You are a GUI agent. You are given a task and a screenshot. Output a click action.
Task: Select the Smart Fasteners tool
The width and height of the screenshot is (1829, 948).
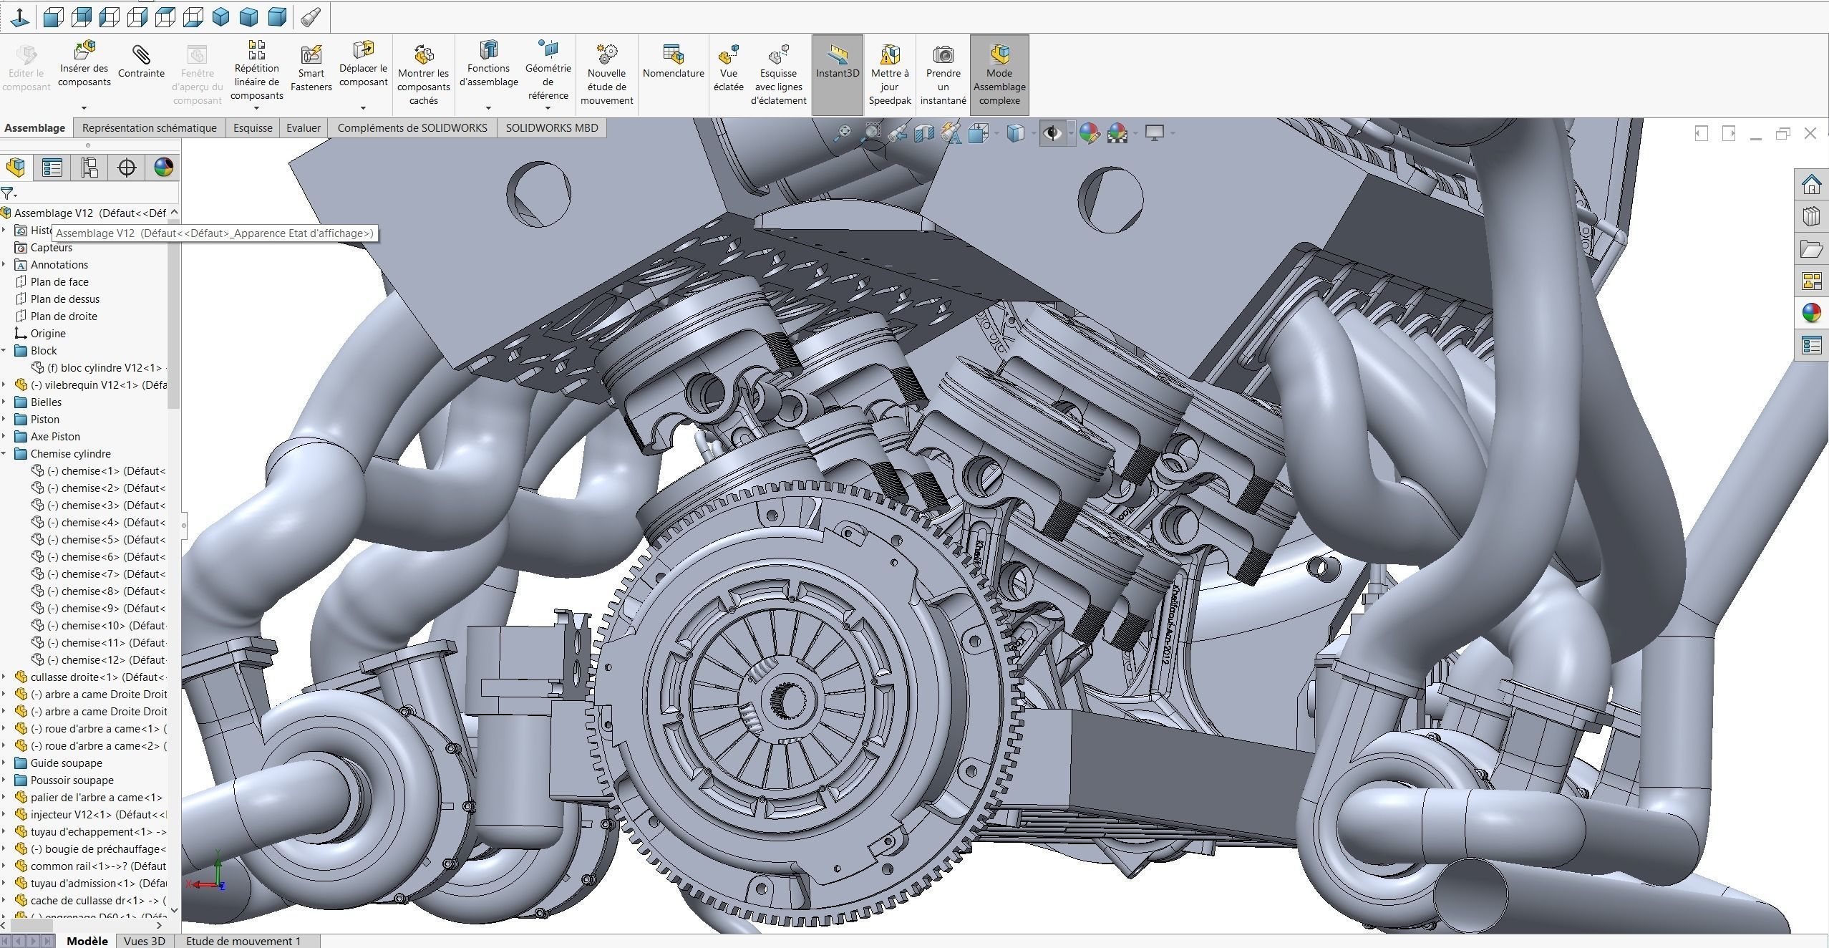click(311, 69)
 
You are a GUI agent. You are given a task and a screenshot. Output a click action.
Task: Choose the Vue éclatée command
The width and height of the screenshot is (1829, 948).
click(728, 69)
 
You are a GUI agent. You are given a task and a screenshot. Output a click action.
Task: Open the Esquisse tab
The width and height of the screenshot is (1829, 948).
click(253, 128)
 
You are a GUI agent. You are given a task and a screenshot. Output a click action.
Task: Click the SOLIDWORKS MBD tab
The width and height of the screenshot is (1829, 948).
click(551, 128)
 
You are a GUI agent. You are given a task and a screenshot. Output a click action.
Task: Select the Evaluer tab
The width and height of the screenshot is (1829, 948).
click(304, 128)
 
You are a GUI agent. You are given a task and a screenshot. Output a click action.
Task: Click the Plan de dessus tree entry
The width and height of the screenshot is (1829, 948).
click(64, 299)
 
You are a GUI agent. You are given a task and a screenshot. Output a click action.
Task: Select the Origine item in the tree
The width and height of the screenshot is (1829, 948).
click(47, 334)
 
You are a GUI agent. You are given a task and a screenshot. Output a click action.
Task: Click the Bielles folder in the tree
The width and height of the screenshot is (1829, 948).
click(46, 402)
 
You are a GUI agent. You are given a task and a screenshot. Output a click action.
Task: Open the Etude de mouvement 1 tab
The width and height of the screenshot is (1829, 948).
click(243, 941)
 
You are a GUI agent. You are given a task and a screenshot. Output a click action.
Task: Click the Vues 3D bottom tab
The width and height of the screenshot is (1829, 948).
click(145, 941)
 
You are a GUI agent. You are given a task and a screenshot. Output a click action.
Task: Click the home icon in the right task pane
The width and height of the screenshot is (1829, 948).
click(1811, 185)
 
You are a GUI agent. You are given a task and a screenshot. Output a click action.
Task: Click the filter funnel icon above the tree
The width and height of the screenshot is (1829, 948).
click(7, 193)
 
